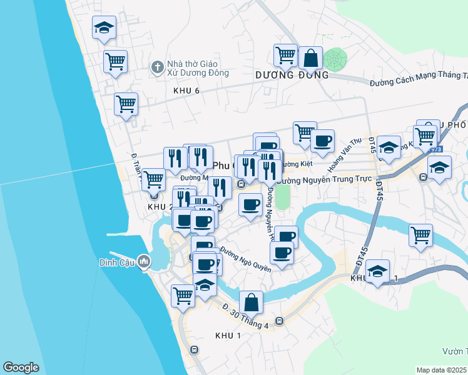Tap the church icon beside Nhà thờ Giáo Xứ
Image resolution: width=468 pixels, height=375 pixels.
point(157,66)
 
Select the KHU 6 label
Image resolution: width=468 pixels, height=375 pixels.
point(186,91)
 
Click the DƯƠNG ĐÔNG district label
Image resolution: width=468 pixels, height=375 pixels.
point(292,75)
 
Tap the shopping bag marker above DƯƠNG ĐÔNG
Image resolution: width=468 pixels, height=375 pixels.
point(310,58)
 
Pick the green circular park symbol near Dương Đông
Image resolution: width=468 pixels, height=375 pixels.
point(335,59)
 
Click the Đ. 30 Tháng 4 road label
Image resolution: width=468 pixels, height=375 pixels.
point(245,316)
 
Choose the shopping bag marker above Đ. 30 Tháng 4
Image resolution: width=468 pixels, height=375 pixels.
point(251,302)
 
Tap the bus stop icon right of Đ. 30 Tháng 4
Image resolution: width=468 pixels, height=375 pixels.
point(279,321)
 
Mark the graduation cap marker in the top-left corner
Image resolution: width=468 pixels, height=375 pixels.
point(104,27)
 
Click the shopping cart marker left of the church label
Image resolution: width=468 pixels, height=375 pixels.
point(116,62)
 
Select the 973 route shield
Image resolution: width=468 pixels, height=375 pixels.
point(435,150)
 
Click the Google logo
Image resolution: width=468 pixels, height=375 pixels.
point(21,367)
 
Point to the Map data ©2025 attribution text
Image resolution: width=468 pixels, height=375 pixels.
point(442,370)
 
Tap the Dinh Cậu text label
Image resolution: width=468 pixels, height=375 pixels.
point(113,262)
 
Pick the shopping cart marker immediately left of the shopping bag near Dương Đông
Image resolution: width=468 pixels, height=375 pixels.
point(286,54)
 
